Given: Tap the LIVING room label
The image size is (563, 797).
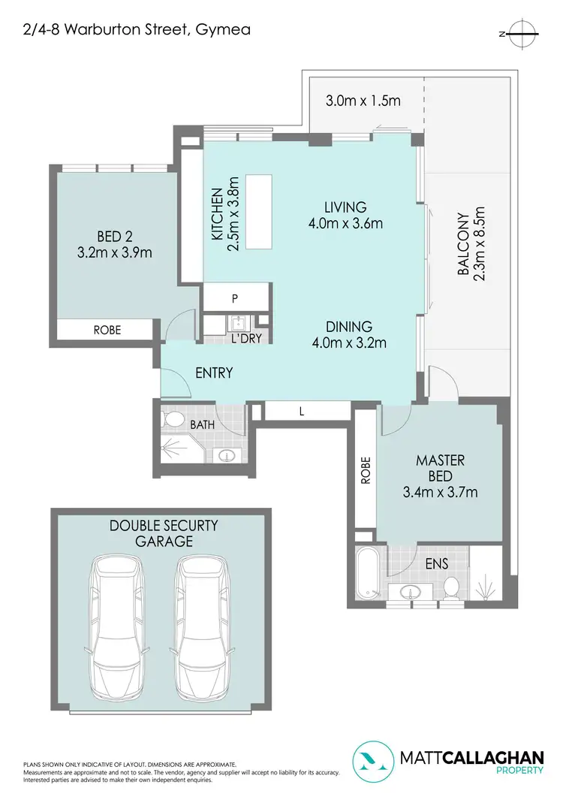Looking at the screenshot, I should point(345,207).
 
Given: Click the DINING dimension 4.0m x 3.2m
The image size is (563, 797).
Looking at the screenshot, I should point(349,344).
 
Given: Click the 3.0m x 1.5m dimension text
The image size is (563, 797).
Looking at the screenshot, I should point(363,99).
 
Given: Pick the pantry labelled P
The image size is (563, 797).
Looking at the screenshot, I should point(235,298).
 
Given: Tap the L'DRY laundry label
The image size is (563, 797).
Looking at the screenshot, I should point(246,339).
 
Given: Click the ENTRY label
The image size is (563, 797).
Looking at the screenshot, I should point(214,373).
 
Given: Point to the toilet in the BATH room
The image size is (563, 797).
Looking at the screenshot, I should point(173,418).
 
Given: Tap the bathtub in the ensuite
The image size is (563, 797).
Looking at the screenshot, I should point(367,574).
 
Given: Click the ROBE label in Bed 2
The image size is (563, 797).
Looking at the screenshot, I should point(107,330).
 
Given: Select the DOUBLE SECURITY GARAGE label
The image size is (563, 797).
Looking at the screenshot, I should point(164,533).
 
